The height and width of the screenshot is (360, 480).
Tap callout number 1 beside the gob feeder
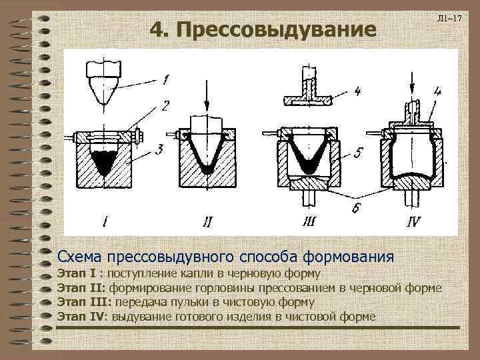pyautogui.click(x=165, y=79)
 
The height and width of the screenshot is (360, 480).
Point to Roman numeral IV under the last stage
pyautogui.click(x=413, y=221)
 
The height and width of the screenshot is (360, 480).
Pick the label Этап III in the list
pyautogui.click(x=83, y=302)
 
